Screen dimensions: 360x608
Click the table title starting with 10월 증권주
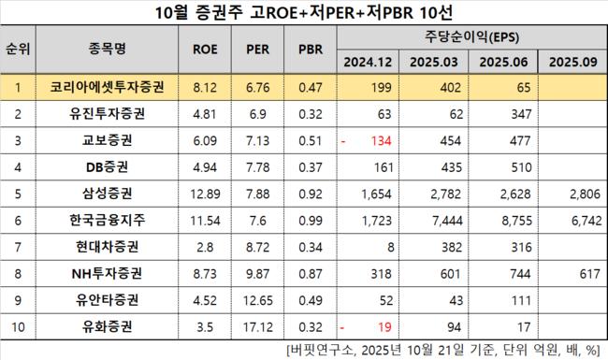304,13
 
